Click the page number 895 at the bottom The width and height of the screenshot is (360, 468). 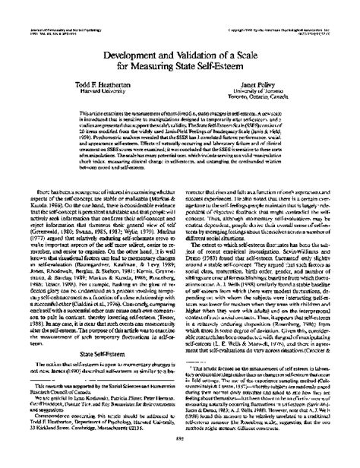click(180, 457)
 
